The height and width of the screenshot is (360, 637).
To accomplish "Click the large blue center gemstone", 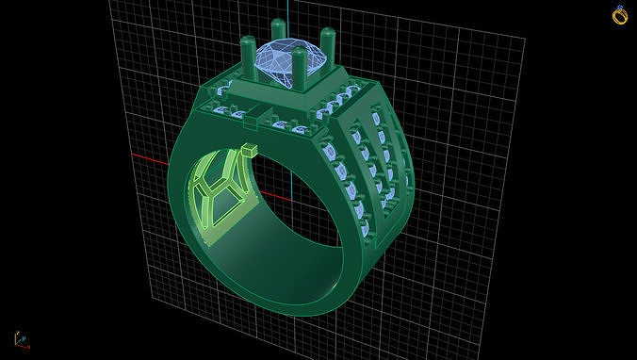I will click(286, 62).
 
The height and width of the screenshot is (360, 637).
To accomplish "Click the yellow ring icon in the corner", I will click(620, 14).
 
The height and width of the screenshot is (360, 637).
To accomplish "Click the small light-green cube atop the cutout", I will click(250, 150).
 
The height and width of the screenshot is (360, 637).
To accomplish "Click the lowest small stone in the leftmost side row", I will click(363, 226).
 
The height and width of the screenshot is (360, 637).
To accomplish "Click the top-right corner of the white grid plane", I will click(525, 39).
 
